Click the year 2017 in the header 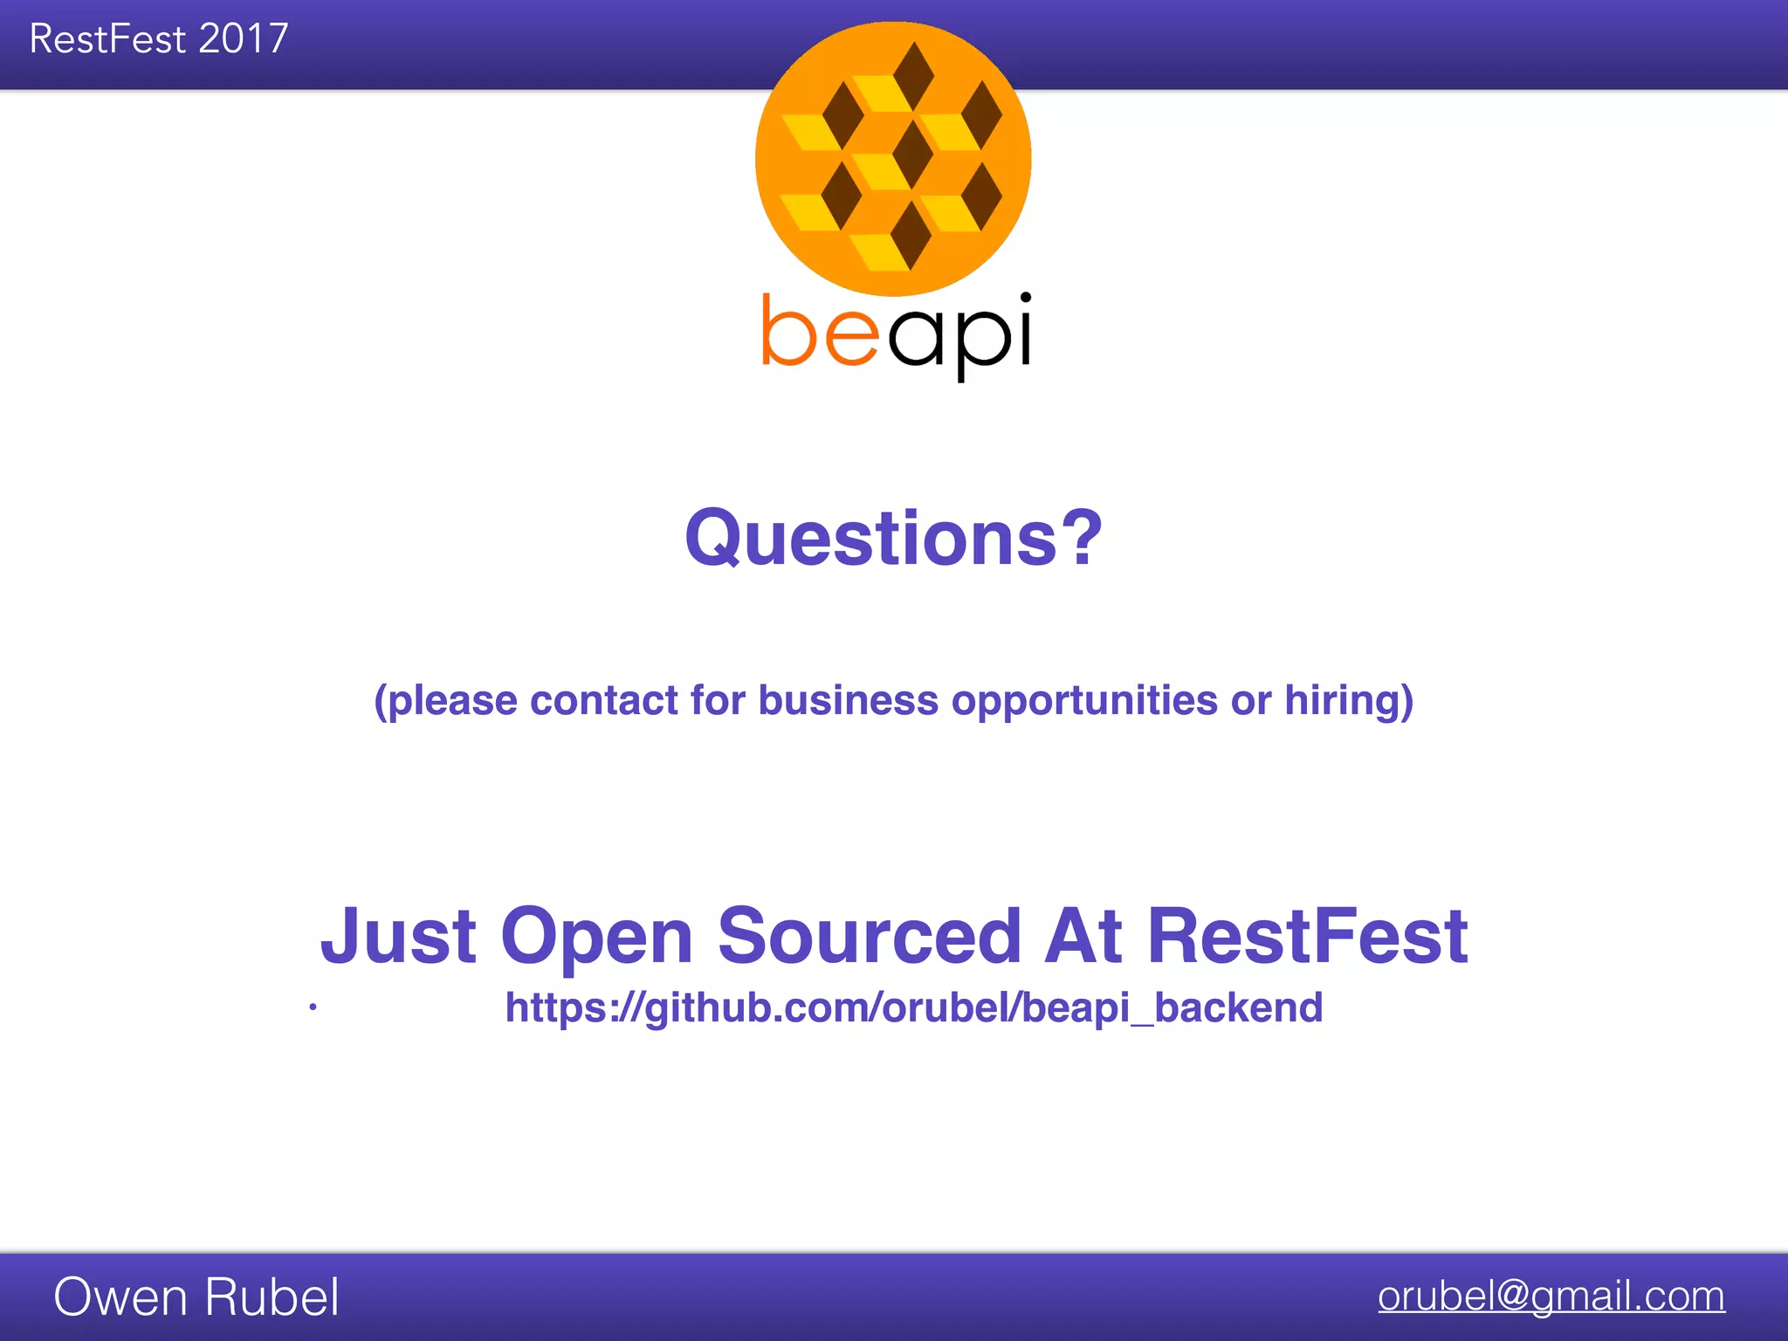click(244, 39)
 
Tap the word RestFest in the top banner click(107, 39)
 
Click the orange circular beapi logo click(893, 158)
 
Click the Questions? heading click(893, 538)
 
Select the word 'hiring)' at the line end click(1349, 700)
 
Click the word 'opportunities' click(1083, 700)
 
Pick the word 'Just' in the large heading click(398, 936)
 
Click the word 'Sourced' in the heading click(869, 936)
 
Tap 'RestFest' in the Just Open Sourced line click(1307, 936)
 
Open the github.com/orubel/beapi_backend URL click(913, 1007)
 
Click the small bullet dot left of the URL click(313, 1007)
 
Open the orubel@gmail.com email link click(1551, 1296)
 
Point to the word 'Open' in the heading click(597, 936)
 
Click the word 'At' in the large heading click(1083, 936)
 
